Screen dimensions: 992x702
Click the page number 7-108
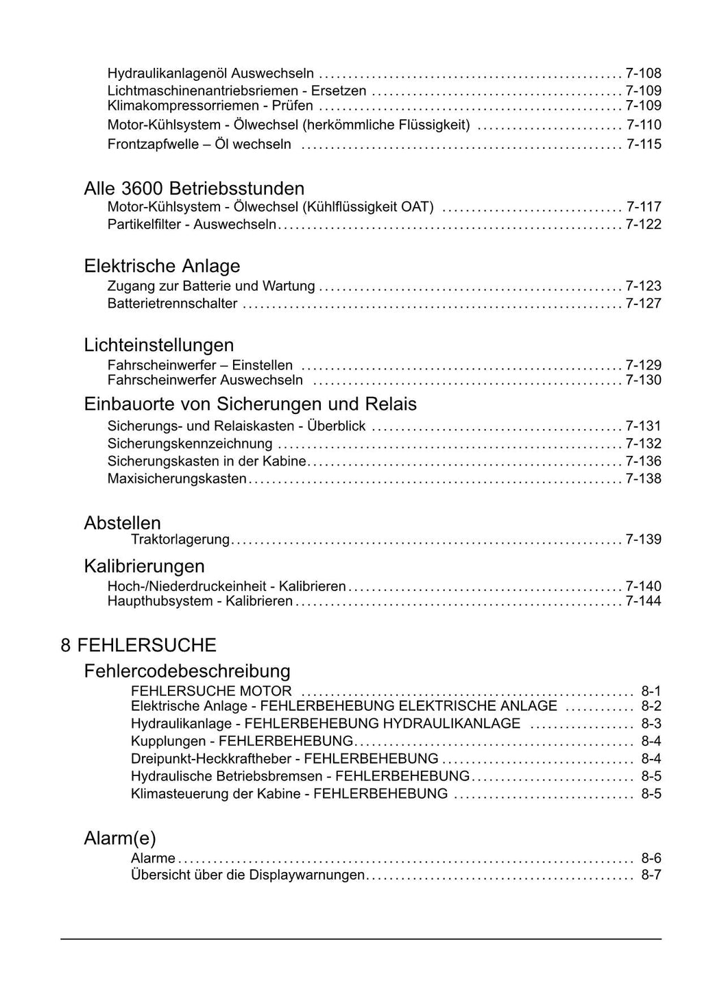click(643, 73)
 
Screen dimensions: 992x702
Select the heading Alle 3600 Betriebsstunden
click(194, 189)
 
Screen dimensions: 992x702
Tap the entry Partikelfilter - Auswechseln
click(192, 225)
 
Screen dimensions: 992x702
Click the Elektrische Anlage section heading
click(162, 266)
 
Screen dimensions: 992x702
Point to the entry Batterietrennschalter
click(172, 304)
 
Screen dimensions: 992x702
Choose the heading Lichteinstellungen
click(159, 345)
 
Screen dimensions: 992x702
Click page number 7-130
click(643, 380)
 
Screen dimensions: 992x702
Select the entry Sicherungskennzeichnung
click(190, 444)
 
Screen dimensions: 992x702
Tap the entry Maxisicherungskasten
click(177, 479)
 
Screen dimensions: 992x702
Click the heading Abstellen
click(122, 523)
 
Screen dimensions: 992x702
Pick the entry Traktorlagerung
click(180, 540)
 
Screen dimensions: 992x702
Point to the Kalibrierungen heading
click(144, 566)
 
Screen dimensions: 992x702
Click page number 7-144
click(643, 601)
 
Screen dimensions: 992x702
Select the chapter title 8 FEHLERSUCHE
click(138, 645)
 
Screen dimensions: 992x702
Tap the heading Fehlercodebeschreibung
click(187, 670)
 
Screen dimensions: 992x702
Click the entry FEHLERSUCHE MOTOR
click(211, 691)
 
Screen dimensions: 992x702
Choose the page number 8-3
click(651, 724)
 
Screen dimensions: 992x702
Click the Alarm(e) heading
click(120, 838)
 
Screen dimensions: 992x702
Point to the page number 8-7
click(651, 875)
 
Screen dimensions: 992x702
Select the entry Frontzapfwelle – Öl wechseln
click(199, 145)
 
